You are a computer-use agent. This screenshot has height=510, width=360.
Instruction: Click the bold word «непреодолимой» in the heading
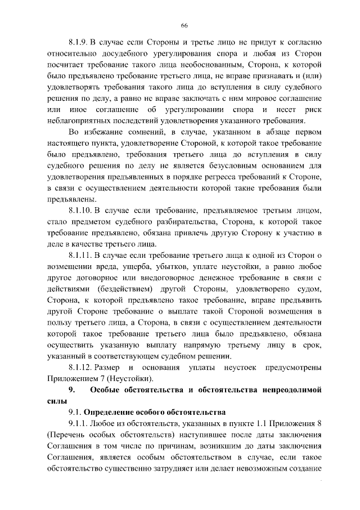[292, 390]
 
